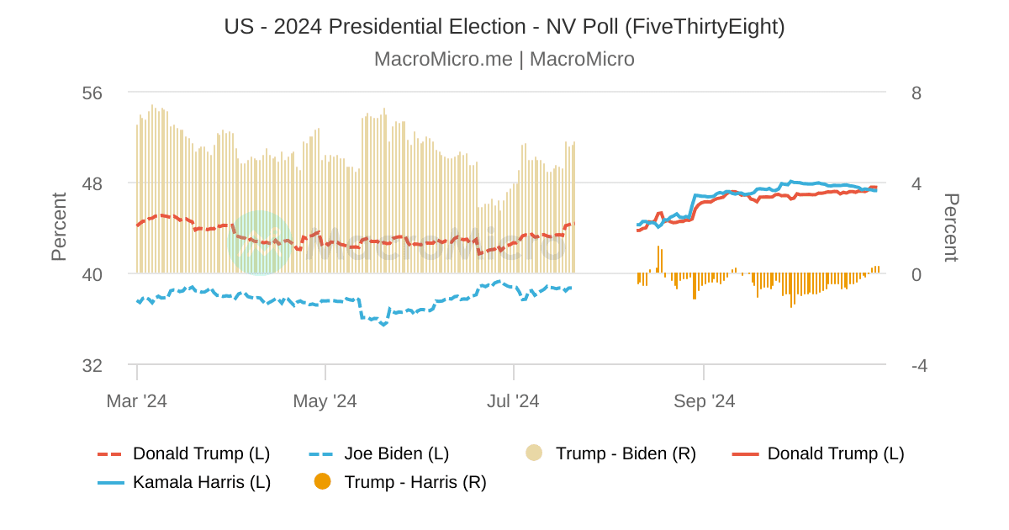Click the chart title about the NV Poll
pos(504,27)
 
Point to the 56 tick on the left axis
pos(92,93)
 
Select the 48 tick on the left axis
pos(92,183)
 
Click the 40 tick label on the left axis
pos(92,274)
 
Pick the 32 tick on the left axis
pos(92,365)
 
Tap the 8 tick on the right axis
pos(917,93)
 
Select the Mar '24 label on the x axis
pos(136,401)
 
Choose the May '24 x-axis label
pos(325,401)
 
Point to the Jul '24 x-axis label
pos(514,401)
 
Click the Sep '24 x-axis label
pos(704,401)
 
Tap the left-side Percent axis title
pos(59,227)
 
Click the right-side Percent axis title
pos(950,227)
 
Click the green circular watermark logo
pos(260,243)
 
